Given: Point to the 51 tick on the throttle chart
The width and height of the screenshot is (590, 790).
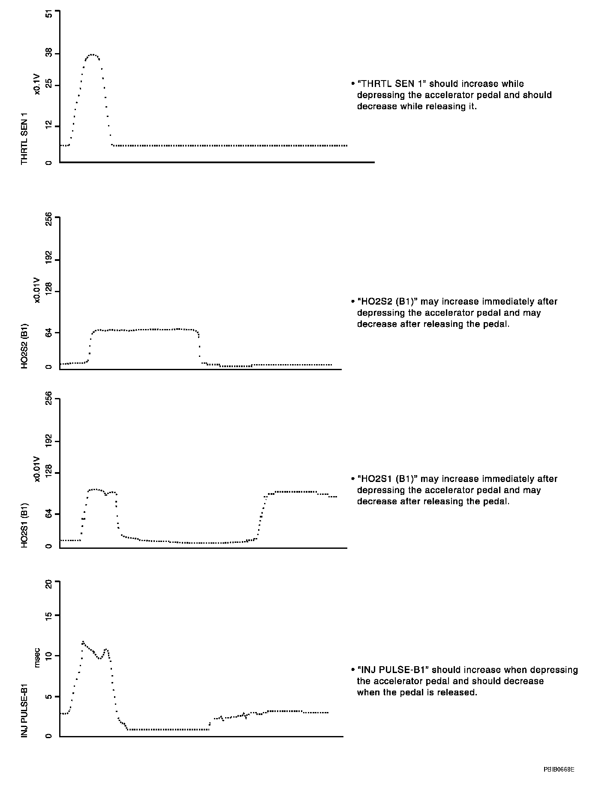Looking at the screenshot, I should [48, 14].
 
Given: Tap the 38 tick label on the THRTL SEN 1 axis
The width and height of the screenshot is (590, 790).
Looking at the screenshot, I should [48, 54].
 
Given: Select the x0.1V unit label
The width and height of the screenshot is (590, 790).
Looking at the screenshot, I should [37, 84].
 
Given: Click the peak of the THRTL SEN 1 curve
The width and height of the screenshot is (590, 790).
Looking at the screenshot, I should [92, 54].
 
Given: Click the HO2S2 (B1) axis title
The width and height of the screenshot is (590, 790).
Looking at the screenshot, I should [24, 346].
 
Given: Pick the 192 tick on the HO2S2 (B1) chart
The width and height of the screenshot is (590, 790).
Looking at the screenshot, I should [48, 260].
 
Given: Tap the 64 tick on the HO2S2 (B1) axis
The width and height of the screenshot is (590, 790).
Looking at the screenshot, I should [48, 333].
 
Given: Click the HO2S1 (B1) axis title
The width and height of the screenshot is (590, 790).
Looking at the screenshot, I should [24, 525].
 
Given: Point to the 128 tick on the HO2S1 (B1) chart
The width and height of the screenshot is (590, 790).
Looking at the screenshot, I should [48, 473].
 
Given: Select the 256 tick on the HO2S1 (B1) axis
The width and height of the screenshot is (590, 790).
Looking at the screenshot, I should [48, 399].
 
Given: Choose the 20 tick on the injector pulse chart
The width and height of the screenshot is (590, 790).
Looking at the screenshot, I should [48, 584].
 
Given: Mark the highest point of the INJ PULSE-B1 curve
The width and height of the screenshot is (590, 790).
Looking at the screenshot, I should [83, 641].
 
